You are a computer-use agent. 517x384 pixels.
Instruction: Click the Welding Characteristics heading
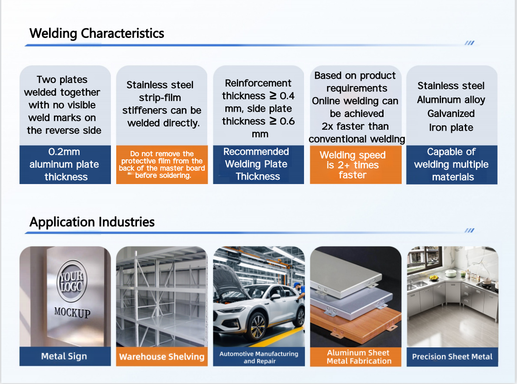click(x=97, y=34)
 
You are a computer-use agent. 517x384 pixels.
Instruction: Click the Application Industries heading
click(x=92, y=222)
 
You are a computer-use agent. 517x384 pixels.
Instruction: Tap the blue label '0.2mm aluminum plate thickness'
click(x=65, y=164)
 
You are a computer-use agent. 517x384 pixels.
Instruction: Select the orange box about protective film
click(x=162, y=164)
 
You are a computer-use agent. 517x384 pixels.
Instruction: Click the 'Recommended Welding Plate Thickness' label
click(x=258, y=164)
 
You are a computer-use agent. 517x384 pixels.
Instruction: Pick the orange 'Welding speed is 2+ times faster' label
click(x=356, y=164)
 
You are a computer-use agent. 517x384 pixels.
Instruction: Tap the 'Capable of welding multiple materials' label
click(x=452, y=164)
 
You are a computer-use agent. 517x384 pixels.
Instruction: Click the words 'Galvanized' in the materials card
click(x=451, y=113)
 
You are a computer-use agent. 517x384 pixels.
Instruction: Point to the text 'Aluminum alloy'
click(x=451, y=100)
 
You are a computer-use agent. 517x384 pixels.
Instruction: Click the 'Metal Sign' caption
click(x=64, y=356)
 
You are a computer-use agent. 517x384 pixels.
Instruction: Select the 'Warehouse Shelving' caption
click(x=162, y=357)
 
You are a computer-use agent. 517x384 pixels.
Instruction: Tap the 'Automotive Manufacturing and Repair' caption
click(x=259, y=358)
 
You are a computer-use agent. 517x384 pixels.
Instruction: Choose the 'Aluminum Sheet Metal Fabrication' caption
click(x=359, y=357)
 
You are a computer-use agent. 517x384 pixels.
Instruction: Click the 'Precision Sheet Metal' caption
click(x=452, y=357)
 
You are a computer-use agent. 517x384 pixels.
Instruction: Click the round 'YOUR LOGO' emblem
click(x=72, y=281)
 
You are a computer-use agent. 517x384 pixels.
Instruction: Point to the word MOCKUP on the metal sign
click(x=72, y=312)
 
